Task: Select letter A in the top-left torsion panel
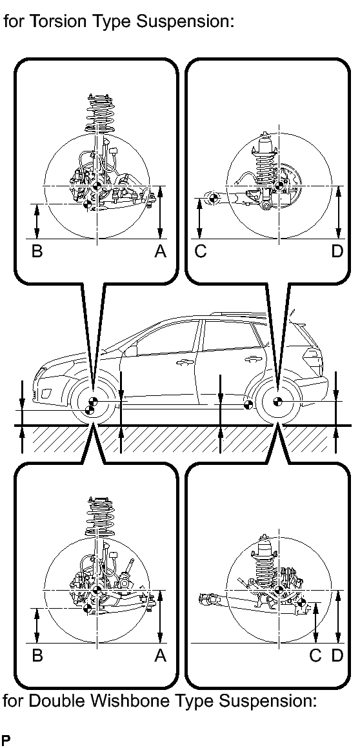(x=161, y=251)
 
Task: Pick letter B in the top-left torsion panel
(x=37, y=251)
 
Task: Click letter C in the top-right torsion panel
(x=201, y=251)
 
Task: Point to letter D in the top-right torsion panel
(x=337, y=251)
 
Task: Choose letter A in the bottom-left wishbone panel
(x=161, y=656)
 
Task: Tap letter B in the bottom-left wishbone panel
(x=37, y=656)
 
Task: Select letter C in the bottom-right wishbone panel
(x=315, y=656)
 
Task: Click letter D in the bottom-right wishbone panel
(x=337, y=656)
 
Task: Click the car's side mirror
(x=131, y=350)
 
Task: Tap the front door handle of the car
(x=181, y=364)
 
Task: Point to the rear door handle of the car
(x=250, y=359)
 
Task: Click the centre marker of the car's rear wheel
(x=277, y=402)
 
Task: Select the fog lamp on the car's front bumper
(x=48, y=394)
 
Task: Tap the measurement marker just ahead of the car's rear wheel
(x=247, y=406)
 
